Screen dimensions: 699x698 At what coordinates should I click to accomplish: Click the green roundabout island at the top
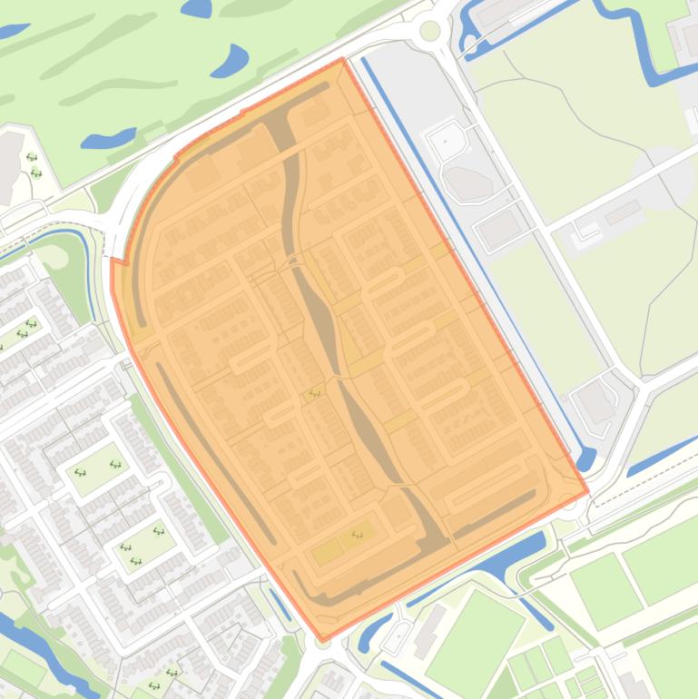tap(429, 31)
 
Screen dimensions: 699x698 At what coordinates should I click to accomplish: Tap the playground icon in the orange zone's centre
tap(315, 393)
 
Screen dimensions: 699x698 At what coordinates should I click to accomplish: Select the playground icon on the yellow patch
tap(357, 535)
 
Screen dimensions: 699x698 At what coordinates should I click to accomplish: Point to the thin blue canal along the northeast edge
tap(472, 254)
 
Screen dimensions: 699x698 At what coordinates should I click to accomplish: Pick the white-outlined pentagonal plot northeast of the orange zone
tap(447, 140)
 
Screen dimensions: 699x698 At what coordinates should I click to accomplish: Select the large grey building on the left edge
tap(9, 159)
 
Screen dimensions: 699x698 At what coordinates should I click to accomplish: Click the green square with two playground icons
tap(97, 468)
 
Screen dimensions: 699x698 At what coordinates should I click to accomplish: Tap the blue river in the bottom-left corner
tap(36, 645)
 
